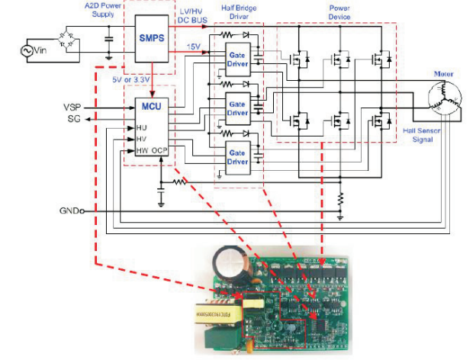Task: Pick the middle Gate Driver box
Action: pyautogui.click(x=238, y=108)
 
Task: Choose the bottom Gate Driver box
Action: pyautogui.click(x=238, y=157)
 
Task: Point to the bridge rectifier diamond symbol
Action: pyautogui.click(x=75, y=37)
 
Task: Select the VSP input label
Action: pyautogui.click(x=72, y=107)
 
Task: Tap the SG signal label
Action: pyautogui.click(x=72, y=119)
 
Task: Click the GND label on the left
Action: pyautogui.click(x=69, y=210)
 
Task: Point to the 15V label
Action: pyautogui.click(x=194, y=48)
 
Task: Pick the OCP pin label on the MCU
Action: pyautogui.click(x=159, y=151)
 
